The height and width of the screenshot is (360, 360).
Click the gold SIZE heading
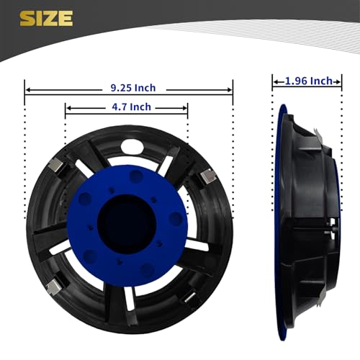[x=46, y=18]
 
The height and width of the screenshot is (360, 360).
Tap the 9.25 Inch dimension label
[x=133, y=88]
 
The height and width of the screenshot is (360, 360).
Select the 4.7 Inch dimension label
[x=132, y=107]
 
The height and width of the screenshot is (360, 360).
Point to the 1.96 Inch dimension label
[x=309, y=81]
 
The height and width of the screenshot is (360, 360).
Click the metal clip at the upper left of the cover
[x=56, y=166]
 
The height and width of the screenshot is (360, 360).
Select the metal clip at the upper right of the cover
[x=207, y=177]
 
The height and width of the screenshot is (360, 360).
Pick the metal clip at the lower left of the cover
[x=53, y=287]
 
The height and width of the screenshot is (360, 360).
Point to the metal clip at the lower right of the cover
[x=191, y=297]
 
